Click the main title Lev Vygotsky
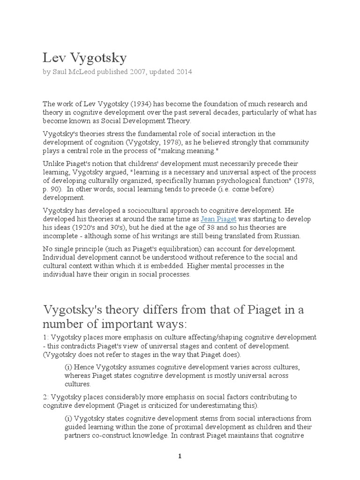click(85, 58)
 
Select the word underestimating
click(210, 405)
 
